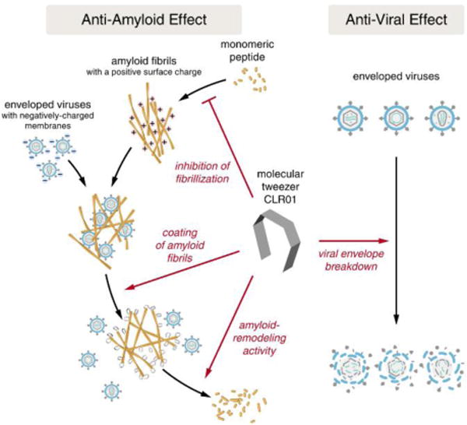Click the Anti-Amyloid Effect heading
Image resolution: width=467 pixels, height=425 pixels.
[144, 19]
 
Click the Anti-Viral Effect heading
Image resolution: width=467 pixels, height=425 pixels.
[396, 19]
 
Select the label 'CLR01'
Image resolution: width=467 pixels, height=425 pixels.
[280, 199]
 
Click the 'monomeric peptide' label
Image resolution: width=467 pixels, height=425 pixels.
[248, 51]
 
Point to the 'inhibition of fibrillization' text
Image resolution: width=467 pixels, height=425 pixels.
[202, 172]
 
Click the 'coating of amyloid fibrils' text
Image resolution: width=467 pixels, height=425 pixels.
[180, 245]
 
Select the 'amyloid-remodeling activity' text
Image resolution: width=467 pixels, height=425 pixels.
[259, 338]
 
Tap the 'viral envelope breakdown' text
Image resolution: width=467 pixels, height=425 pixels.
[351, 260]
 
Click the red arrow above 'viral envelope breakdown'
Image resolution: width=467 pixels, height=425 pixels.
[354, 241]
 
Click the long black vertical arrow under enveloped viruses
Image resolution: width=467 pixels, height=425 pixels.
[396, 241]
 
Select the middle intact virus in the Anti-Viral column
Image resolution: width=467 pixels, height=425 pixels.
[396, 118]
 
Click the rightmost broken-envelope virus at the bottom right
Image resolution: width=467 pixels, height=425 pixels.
[443, 368]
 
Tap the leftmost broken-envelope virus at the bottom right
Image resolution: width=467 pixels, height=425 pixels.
[349, 368]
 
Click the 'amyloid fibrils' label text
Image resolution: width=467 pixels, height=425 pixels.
[144, 61]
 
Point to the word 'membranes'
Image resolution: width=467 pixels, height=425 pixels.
[47, 125]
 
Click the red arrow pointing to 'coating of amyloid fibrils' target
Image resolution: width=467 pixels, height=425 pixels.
[182, 270]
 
